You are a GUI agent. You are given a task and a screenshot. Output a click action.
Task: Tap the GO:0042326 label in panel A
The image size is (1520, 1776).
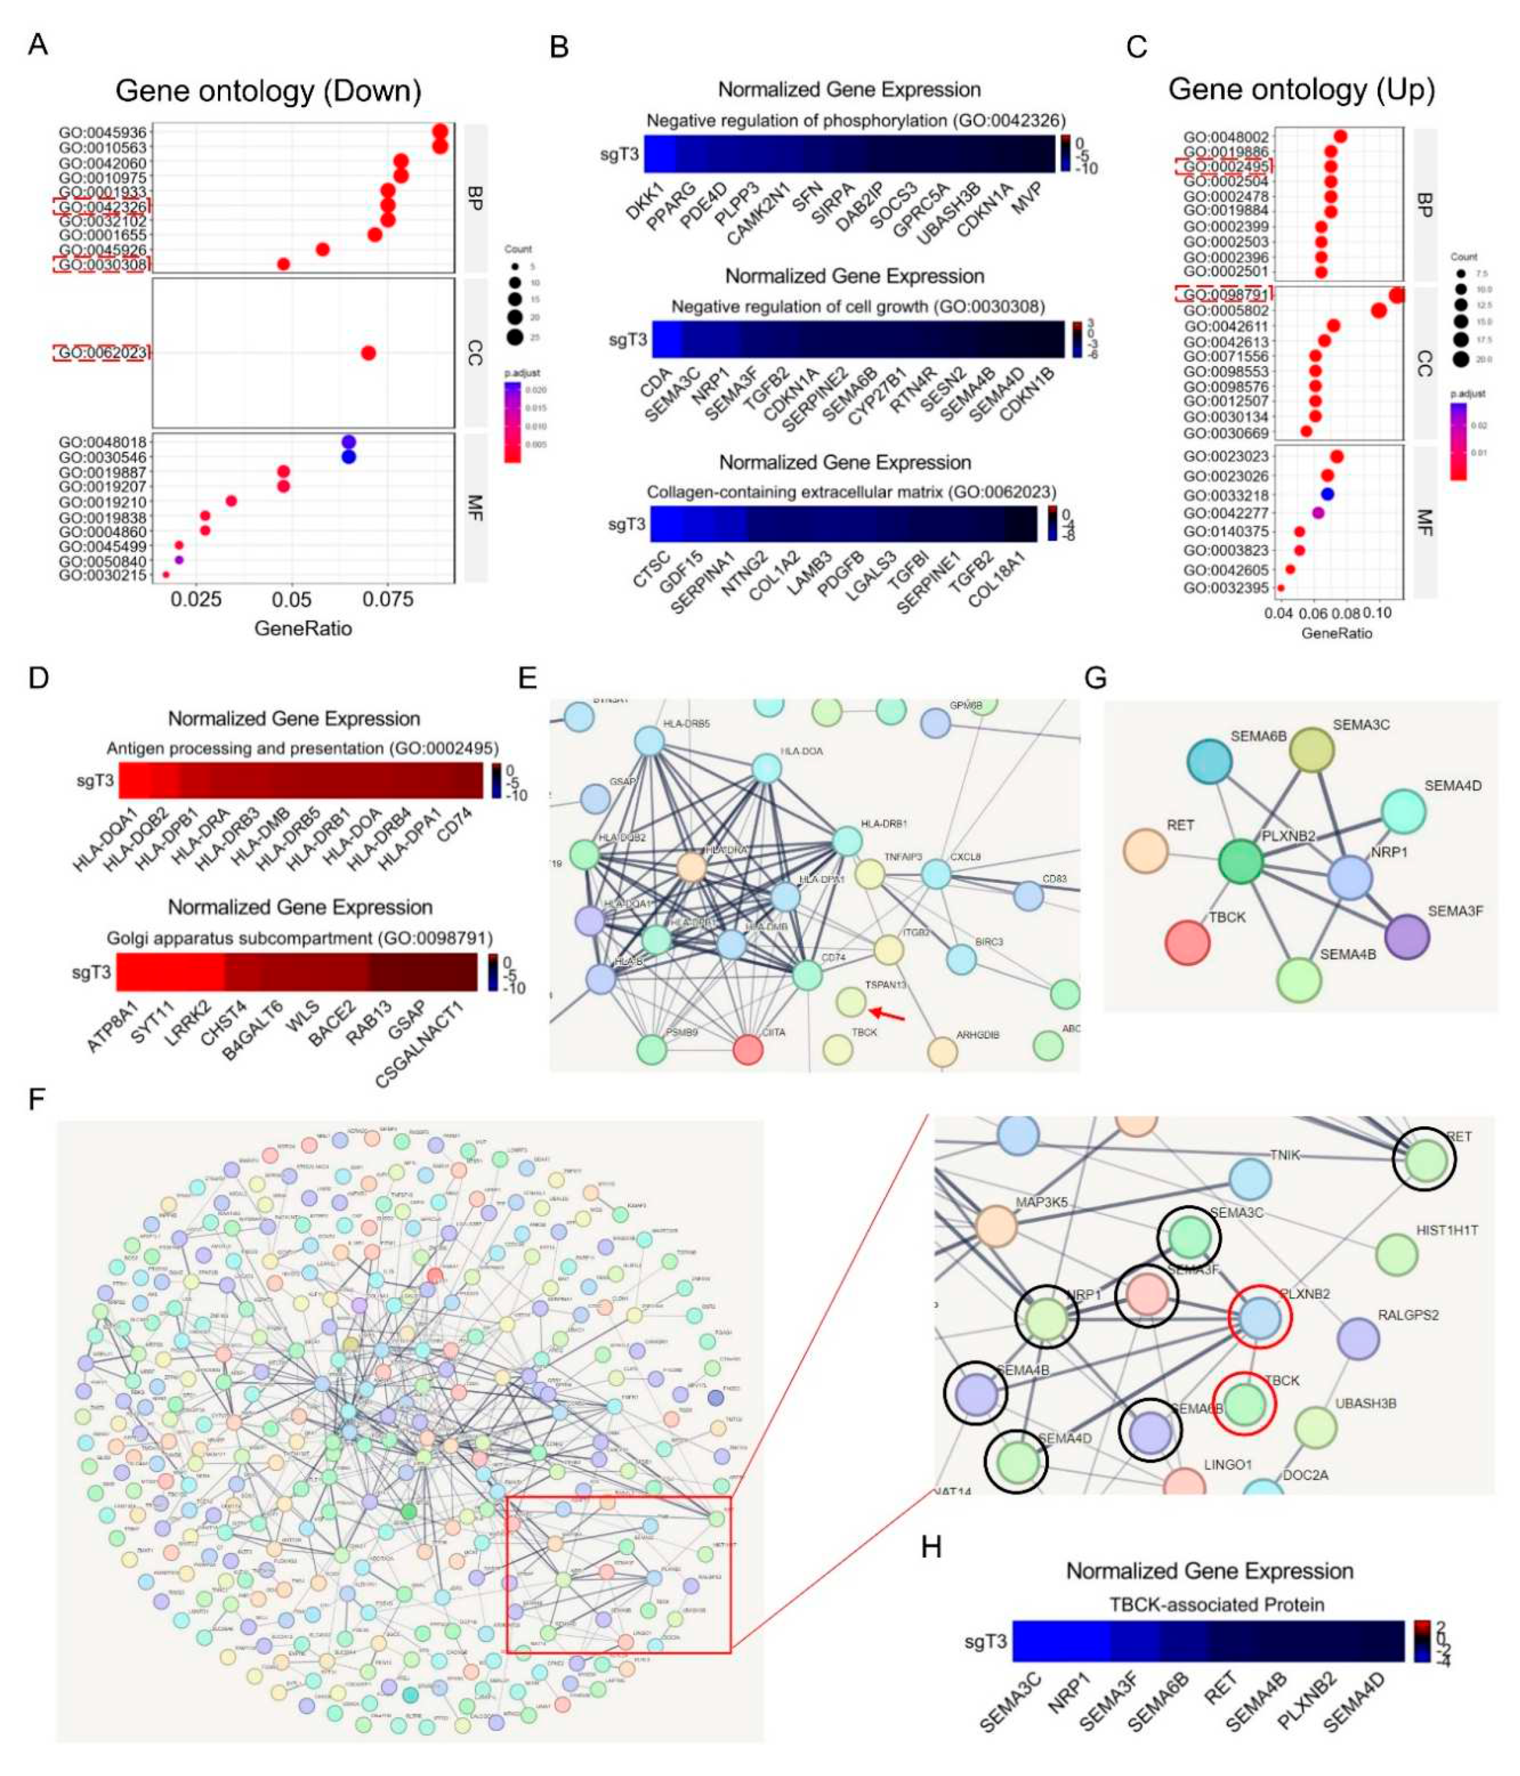[x=102, y=206]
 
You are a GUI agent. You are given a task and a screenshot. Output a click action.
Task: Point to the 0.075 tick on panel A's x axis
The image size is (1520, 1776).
[x=388, y=598]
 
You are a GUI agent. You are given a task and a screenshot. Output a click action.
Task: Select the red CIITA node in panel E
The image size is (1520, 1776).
[x=748, y=1049]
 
